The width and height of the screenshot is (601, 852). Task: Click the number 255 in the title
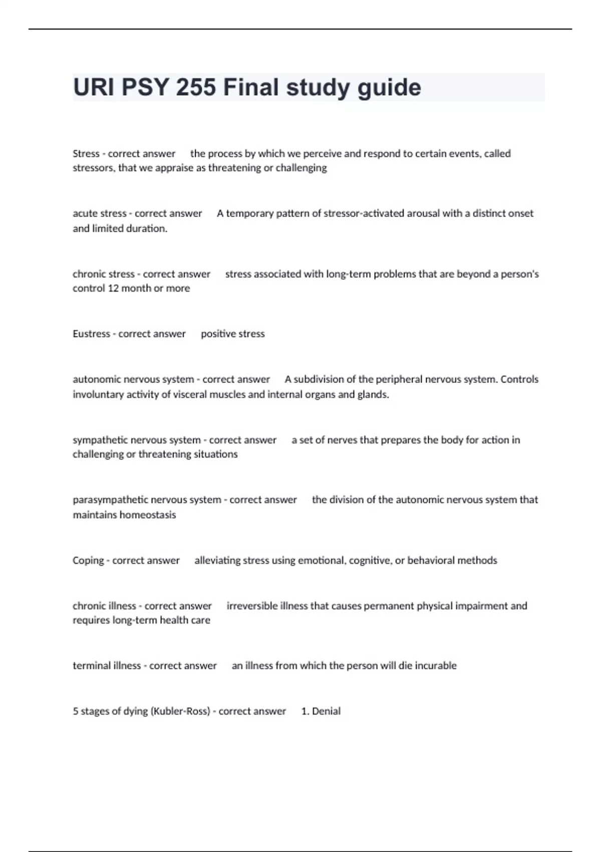196,87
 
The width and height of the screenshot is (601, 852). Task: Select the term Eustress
91,334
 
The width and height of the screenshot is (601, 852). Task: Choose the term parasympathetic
110,500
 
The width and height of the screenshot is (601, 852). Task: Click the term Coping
88,560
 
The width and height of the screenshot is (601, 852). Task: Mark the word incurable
436,666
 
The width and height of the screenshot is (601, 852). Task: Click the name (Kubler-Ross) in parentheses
180,711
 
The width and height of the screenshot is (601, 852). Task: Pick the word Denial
326,711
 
